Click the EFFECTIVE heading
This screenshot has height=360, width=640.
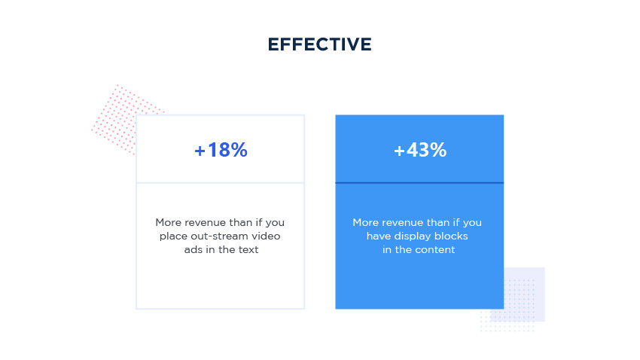coord(319,44)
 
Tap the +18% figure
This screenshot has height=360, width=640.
coord(221,150)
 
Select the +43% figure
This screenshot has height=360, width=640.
coord(420,150)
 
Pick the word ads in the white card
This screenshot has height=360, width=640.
coord(193,249)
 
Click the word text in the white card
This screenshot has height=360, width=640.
coord(248,249)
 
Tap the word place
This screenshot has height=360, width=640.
coord(171,236)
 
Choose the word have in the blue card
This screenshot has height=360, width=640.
coord(379,236)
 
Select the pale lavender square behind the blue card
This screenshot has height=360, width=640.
coord(525,294)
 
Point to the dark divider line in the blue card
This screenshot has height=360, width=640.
coord(419,183)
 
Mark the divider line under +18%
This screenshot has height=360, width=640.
coord(221,183)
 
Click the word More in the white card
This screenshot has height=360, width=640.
coord(169,222)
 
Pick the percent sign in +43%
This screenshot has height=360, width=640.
coord(438,150)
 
